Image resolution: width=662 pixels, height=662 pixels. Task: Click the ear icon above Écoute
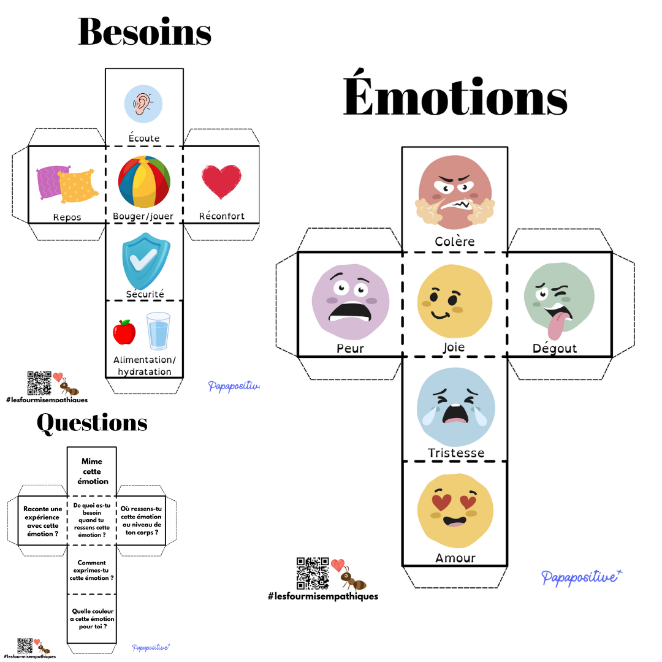143,104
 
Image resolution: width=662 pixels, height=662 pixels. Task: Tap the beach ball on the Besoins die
144,182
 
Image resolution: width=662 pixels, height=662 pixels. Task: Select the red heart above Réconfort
221,182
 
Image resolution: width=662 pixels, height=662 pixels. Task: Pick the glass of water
158,331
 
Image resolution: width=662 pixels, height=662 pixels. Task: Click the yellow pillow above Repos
78,186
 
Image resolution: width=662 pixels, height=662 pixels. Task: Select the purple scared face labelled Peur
350,302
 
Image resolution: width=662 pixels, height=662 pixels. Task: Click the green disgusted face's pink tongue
555,325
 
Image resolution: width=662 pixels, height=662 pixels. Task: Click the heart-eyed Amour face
455,510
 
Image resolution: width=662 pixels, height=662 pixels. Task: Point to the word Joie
454,348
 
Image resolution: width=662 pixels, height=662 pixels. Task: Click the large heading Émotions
455,98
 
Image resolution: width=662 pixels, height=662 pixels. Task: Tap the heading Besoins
145,32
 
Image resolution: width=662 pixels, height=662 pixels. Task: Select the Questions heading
92,423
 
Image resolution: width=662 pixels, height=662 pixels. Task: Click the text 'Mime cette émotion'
91,471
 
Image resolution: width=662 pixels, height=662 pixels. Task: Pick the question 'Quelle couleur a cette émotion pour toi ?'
92,619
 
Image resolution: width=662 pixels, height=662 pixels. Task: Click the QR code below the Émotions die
312,573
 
